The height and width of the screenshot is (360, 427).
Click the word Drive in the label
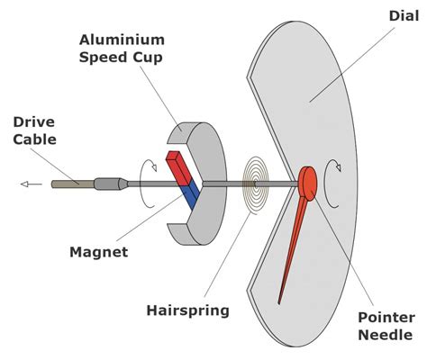pos(35,121)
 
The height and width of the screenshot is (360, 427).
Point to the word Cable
pos(35,140)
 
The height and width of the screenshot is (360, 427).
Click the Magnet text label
pos(98,252)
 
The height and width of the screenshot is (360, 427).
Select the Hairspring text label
pos(187,310)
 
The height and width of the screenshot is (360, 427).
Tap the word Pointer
pos(386,318)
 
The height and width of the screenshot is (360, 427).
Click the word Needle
pos(386,337)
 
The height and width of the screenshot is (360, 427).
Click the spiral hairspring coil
pos(257,185)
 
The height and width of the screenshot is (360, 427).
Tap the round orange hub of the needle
pos(308,184)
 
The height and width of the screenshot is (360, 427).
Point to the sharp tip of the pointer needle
pos(280,301)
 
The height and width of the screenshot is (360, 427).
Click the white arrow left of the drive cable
pos(31,184)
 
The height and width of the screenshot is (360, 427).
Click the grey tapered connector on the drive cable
pos(110,184)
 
